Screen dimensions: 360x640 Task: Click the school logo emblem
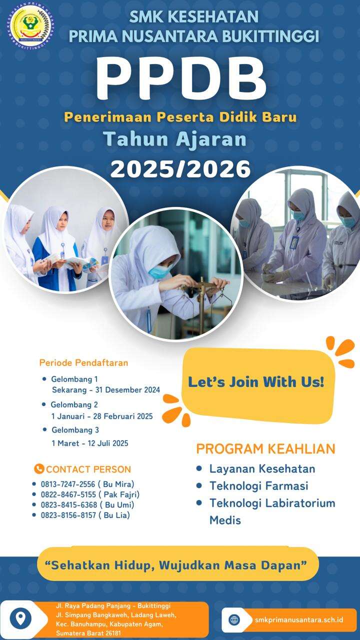pyautogui.click(x=31, y=25)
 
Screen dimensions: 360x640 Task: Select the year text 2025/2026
pyautogui.click(x=180, y=169)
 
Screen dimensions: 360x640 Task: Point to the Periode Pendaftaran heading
pyautogui.click(x=83, y=363)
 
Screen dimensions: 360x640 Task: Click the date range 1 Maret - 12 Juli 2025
pyautogui.click(x=90, y=443)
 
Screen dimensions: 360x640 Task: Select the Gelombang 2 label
pyautogui.click(x=74, y=404)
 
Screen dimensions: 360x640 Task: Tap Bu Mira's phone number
pyautogui.click(x=68, y=484)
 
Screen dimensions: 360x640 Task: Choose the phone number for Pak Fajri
pyautogui.click(x=68, y=494)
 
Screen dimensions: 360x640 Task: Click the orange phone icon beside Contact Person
pyautogui.click(x=39, y=469)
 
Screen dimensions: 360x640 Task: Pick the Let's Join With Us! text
pyautogui.click(x=256, y=381)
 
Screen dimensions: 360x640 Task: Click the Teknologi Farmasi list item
pyautogui.click(x=259, y=485)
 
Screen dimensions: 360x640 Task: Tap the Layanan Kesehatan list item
pyautogui.click(x=262, y=468)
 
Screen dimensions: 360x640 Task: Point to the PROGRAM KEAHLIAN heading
pyautogui.click(x=265, y=449)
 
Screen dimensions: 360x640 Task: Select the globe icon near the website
pyautogui.click(x=234, y=619)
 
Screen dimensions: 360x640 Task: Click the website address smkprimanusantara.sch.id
pyautogui.click(x=299, y=619)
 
